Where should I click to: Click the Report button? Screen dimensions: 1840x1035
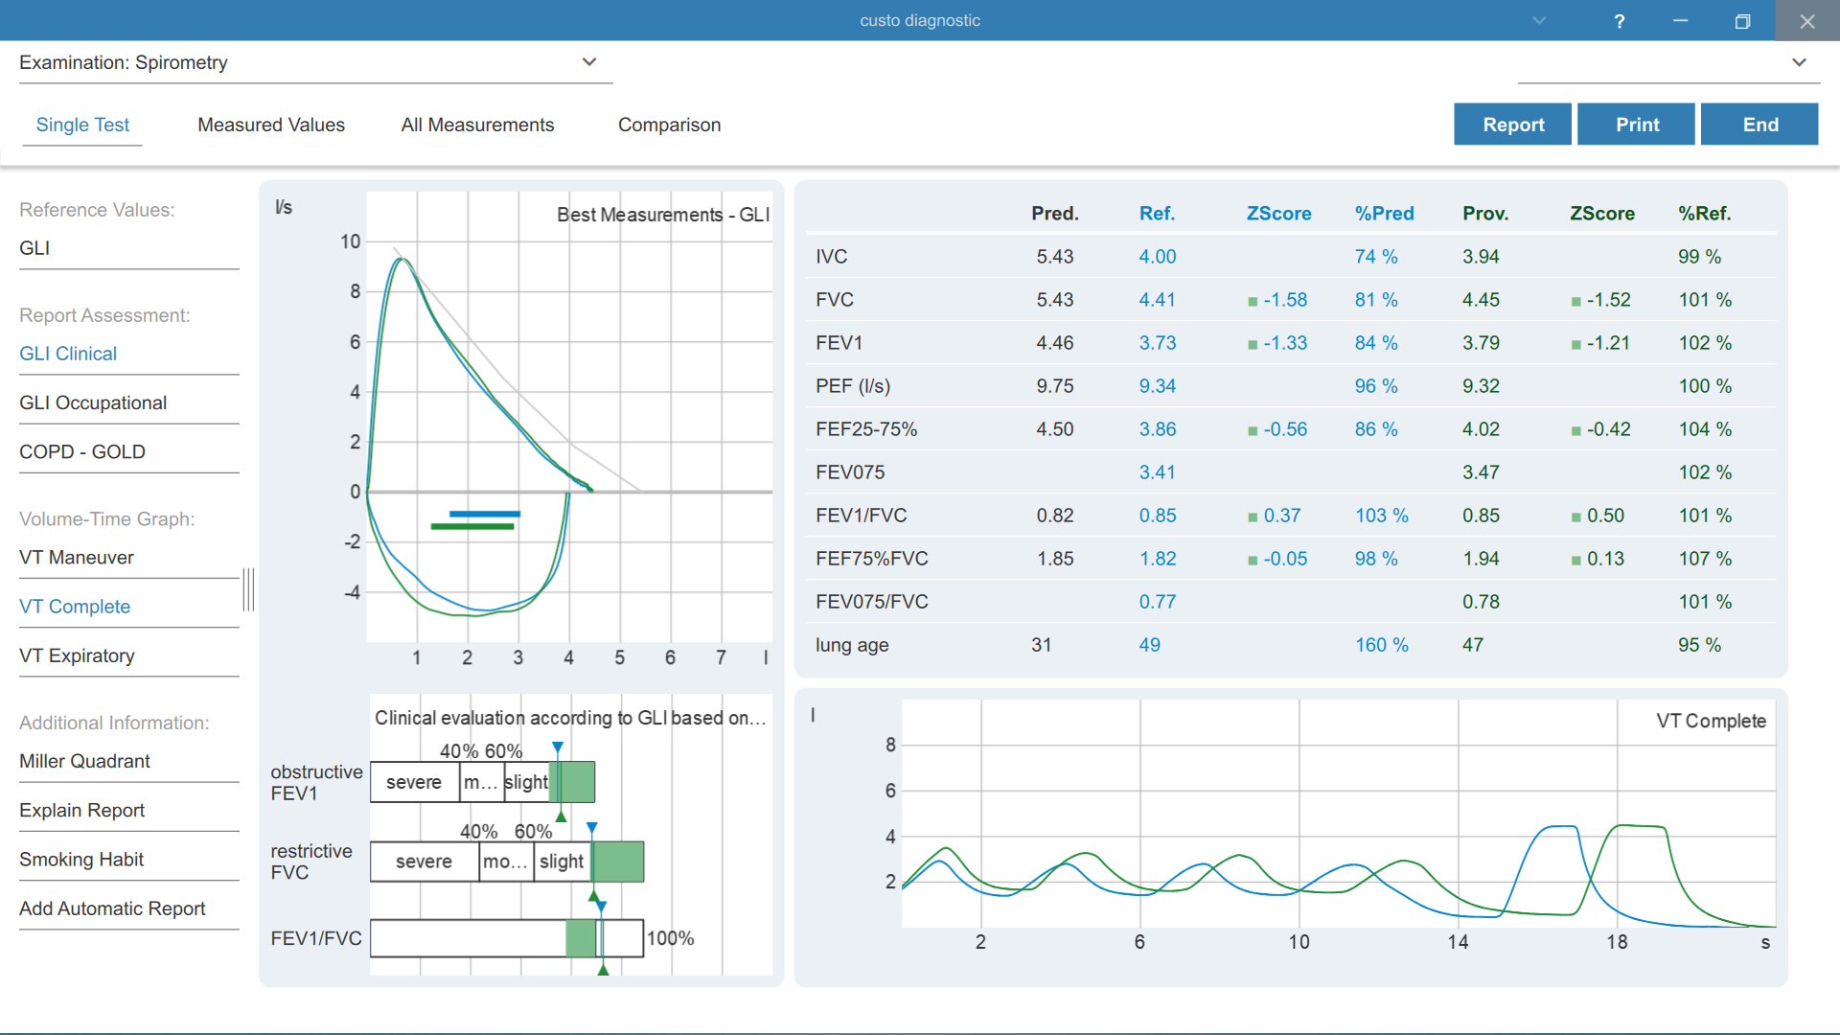click(1512, 125)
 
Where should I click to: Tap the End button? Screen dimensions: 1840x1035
click(1759, 125)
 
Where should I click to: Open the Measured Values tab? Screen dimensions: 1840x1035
click(271, 125)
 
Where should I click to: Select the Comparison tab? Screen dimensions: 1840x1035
click(669, 125)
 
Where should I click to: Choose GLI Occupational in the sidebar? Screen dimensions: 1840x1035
click(93, 402)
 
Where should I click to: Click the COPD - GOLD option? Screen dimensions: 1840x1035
click(82, 451)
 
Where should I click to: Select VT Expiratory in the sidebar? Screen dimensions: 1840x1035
click(77, 655)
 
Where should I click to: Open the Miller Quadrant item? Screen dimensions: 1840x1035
click(84, 761)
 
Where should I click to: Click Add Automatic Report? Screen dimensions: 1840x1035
click(112, 908)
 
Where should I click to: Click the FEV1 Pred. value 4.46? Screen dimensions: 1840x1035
click(1054, 343)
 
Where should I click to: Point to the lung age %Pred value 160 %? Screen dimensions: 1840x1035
click(1381, 645)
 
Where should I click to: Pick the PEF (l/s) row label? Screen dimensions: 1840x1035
click(853, 386)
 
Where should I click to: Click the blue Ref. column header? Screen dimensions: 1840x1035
click(1157, 214)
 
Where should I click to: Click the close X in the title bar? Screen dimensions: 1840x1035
click(1806, 21)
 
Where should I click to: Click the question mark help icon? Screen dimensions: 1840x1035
click(1619, 21)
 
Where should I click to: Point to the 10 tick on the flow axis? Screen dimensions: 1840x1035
click(351, 241)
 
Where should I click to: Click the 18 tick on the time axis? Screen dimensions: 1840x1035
click(1617, 942)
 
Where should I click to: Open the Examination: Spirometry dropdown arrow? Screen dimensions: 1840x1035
click(589, 62)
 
